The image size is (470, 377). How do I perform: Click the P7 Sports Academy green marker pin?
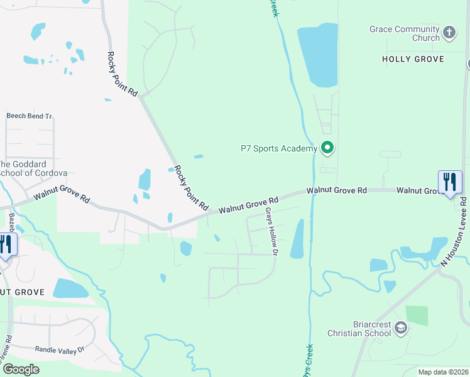(x=327, y=148)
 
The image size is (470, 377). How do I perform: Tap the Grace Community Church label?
(x=404, y=33)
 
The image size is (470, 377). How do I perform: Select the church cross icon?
(x=449, y=32)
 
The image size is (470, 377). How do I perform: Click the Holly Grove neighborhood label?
(x=413, y=59)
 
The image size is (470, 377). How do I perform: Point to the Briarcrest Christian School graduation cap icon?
(x=401, y=328)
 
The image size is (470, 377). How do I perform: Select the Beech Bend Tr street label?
(x=29, y=116)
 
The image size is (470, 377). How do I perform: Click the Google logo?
(x=21, y=369)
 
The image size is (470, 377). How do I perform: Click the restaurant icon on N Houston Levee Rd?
(x=449, y=183)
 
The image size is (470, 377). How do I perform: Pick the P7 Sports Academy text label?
(x=279, y=149)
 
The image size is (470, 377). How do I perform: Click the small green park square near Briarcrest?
(x=417, y=315)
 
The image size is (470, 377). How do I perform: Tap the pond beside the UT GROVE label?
(x=70, y=288)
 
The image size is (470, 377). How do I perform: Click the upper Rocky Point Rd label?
(x=123, y=74)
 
